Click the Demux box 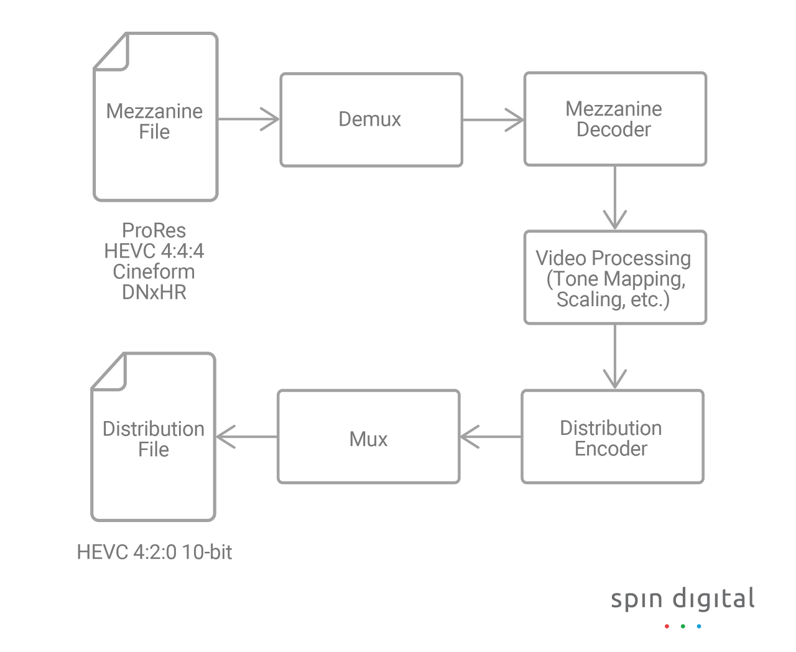pyautogui.click(x=371, y=119)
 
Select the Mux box pyautogui.click(x=368, y=437)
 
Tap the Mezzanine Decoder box pyautogui.click(x=615, y=119)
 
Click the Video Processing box pyautogui.click(x=615, y=277)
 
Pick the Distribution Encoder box pyautogui.click(x=612, y=437)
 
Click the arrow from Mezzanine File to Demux pyautogui.click(x=249, y=119)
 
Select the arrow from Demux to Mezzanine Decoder pyautogui.click(x=493, y=119)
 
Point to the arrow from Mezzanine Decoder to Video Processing pyautogui.click(x=615, y=198)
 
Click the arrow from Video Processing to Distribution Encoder pyautogui.click(x=615, y=357)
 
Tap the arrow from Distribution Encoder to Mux pyautogui.click(x=491, y=437)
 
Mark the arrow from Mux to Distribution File pyautogui.click(x=247, y=437)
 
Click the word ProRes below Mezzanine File pyautogui.click(x=154, y=231)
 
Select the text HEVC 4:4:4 pyautogui.click(x=154, y=251)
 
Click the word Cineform pyautogui.click(x=154, y=272)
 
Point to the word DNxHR pyautogui.click(x=154, y=292)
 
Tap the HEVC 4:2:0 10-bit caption pyautogui.click(x=154, y=552)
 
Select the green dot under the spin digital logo pyautogui.click(x=683, y=626)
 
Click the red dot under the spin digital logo pyautogui.click(x=667, y=626)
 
